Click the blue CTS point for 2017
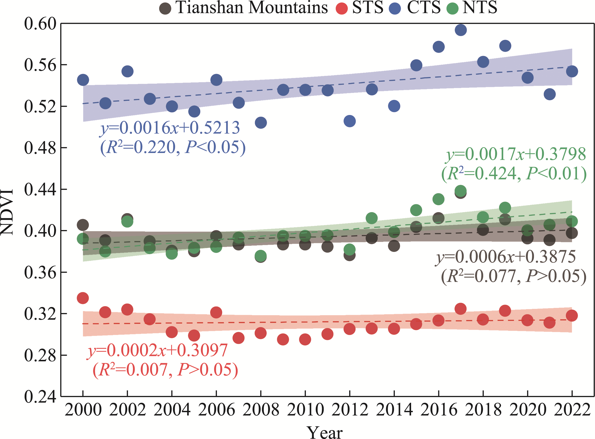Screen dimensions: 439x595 (x=461, y=30)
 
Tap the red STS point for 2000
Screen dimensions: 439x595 (x=83, y=298)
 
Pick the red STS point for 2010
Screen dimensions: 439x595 (x=305, y=340)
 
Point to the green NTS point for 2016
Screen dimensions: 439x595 (x=438, y=199)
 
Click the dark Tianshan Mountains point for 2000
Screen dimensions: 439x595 (x=83, y=225)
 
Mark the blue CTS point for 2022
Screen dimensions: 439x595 (x=572, y=71)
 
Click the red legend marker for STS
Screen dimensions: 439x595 (x=342, y=8)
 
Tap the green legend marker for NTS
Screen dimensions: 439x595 (x=452, y=8)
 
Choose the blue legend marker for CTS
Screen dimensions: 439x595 (x=395, y=8)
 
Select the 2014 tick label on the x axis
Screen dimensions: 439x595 (x=394, y=410)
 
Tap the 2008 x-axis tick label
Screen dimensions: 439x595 (x=261, y=410)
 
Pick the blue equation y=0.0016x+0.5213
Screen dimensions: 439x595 (x=170, y=128)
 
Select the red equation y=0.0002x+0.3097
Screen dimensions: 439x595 (x=157, y=350)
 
